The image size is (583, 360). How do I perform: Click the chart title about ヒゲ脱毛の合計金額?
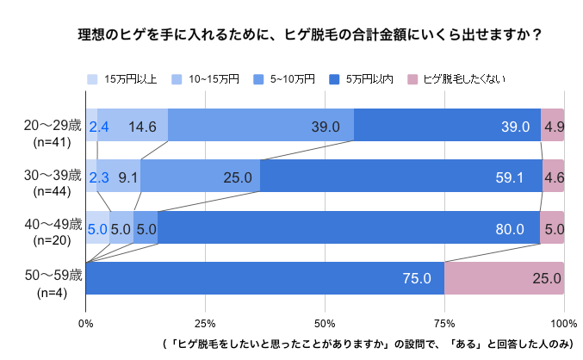point(309,35)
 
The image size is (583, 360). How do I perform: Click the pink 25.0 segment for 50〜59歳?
point(504,278)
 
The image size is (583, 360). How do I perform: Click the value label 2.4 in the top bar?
point(98,127)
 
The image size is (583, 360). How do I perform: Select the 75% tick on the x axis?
point(444,323)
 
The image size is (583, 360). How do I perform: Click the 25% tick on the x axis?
point(205,323)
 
